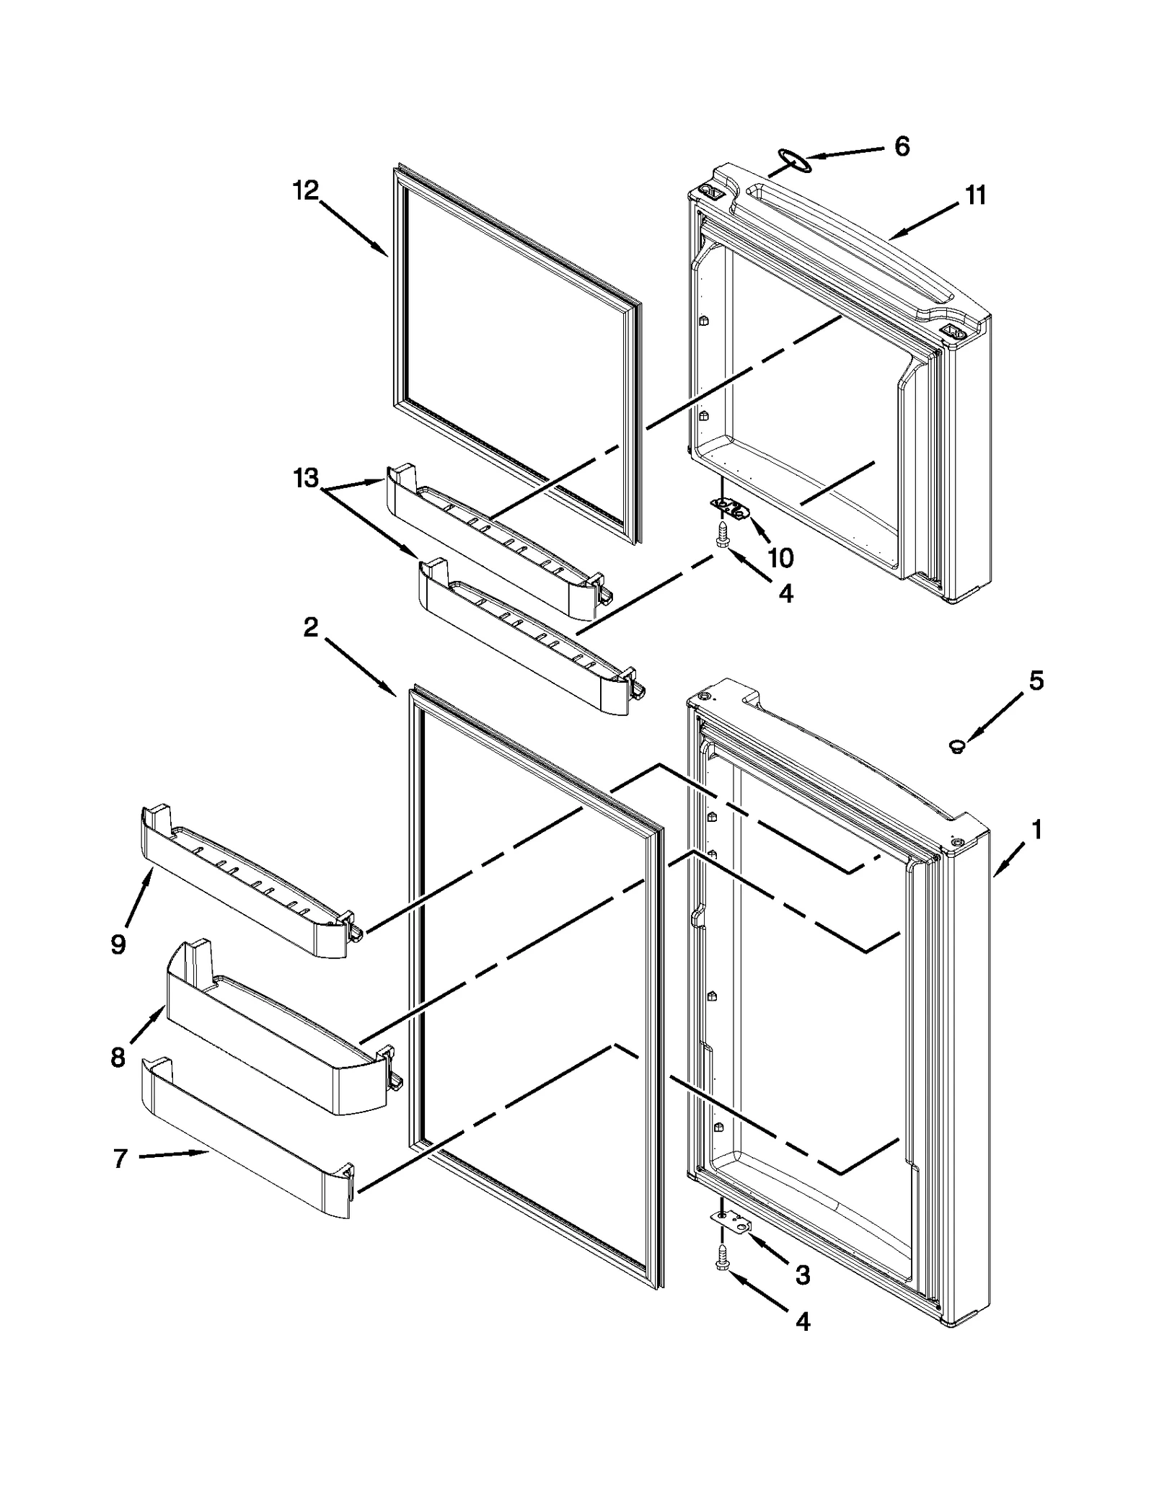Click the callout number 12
pos(305,191)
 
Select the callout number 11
pos(975,195)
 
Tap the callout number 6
pos(902,146)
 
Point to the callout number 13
pos(305,478)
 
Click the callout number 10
pos(780,557)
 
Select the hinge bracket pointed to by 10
pos(731,509)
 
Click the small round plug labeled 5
pos(958,746)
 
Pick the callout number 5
pos(1036,681)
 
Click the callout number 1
pos(1036,830)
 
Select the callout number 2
pos(310,628)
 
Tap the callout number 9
pos(118,944)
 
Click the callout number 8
pos(118,1058)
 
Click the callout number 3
pos(802,1275)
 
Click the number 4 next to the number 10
pos(785,593)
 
